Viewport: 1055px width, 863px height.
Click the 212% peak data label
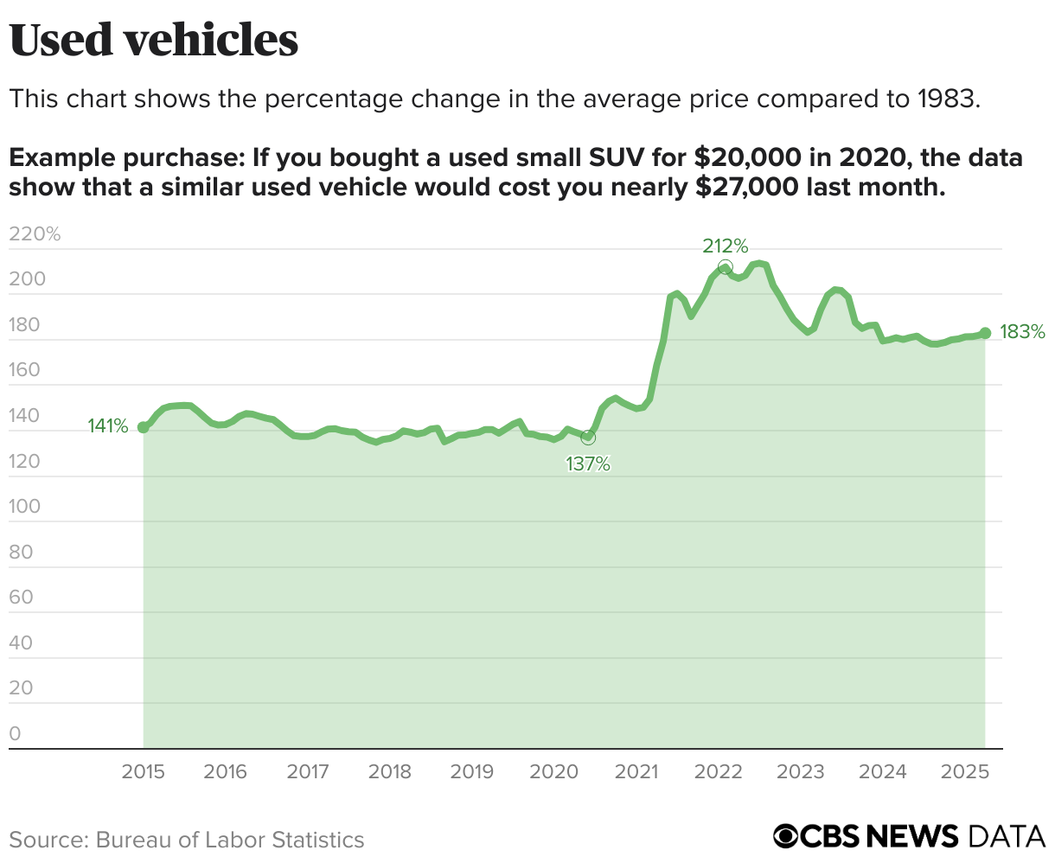(725, 246)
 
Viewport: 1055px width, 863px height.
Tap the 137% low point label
(588, 464)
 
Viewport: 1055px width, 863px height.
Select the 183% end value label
(1022, 332)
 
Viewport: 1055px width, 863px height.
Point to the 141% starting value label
(108, 426)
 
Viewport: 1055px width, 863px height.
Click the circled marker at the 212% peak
(725, 267)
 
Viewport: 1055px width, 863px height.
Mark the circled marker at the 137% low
(588, 438)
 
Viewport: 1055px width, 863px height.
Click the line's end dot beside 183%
(985, 333)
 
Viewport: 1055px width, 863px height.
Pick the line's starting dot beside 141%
(143, 427)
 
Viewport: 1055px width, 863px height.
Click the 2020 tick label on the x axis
(553, 771)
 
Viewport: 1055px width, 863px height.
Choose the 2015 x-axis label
(143, 771)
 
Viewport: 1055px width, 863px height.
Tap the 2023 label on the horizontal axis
(800, 771)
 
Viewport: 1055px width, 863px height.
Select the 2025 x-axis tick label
(964, 771)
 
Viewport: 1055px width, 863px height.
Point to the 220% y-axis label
(35, 233)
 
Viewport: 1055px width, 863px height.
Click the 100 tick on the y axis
(26, 506)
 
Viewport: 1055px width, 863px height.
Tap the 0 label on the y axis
(15, 733)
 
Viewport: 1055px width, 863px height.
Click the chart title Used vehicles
(154, 41)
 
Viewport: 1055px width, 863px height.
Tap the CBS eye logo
(786, 837)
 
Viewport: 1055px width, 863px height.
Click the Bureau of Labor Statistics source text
(230, 840)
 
